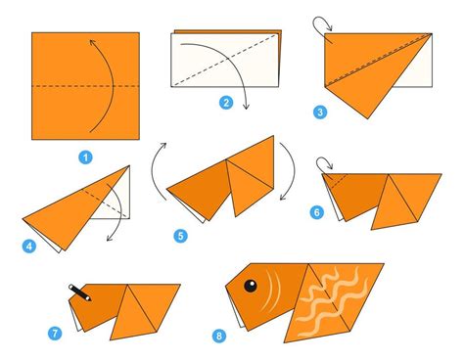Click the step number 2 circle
(226, 102)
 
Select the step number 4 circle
(30, 246)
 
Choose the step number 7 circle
(55, 334)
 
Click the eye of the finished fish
(250, 287)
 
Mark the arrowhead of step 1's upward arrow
(91, 41)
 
